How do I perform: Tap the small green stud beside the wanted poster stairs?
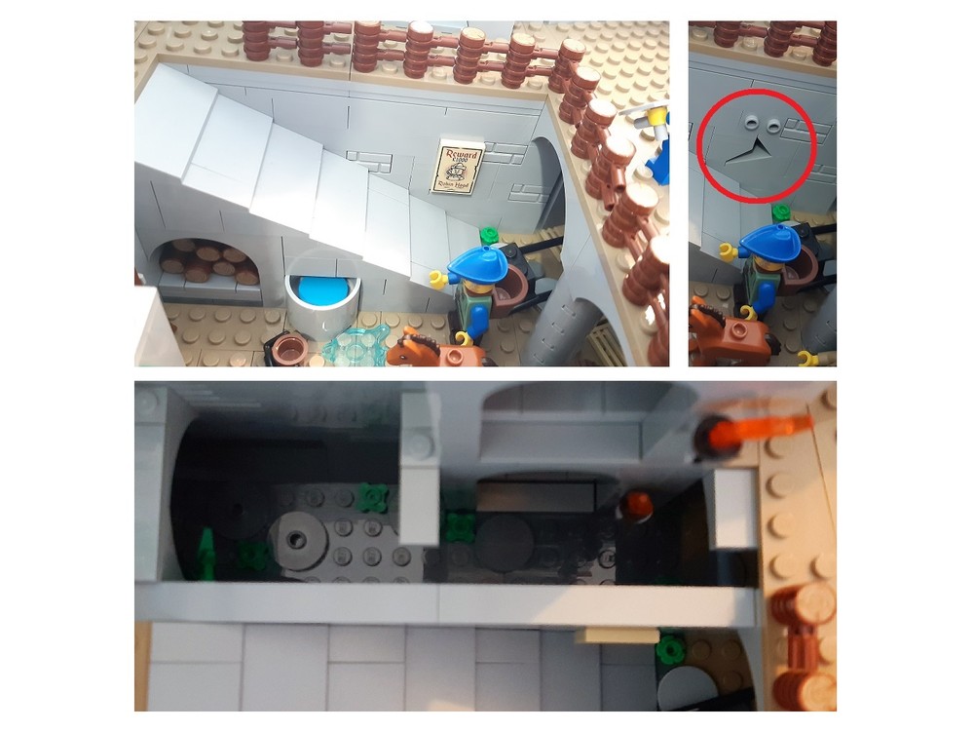click(x=488, y=235)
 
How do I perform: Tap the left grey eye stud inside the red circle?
click(x=751, y=123)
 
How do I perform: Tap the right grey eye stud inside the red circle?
click(x=771, y=124)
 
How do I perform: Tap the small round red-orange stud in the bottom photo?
click(x=638, y=504)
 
